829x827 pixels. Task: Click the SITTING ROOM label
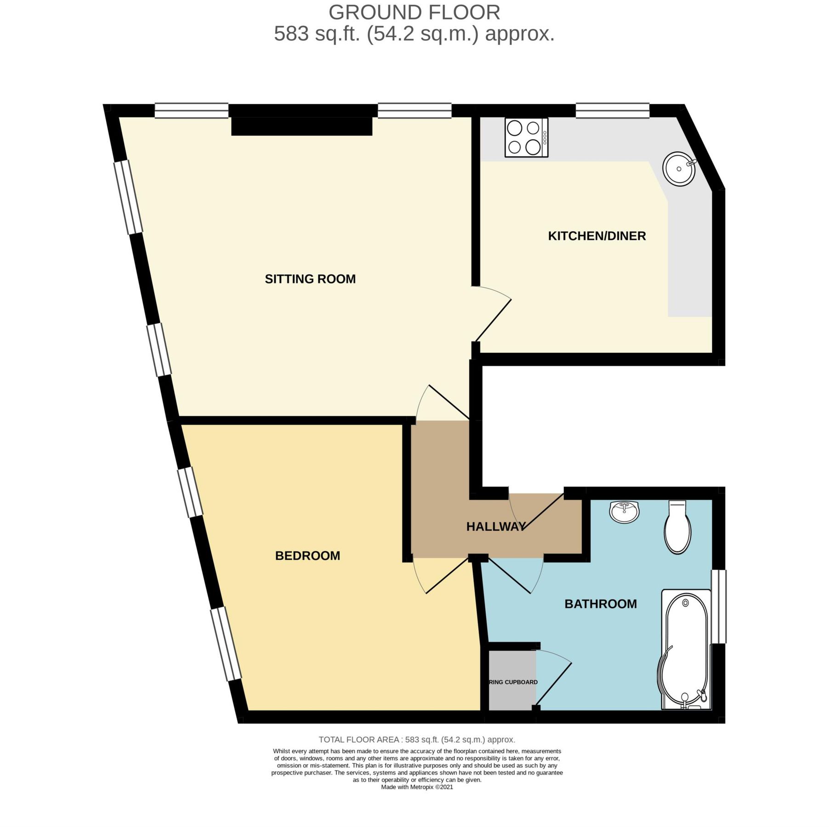(x=310, y=279)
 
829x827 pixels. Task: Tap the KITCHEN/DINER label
(x=596, y=236)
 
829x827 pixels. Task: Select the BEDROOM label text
(x=307, y=556)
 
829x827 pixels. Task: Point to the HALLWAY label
(x=496, y=527)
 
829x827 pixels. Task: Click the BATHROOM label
(x=600, y=604)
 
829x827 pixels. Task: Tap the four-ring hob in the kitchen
(x=526, y=138)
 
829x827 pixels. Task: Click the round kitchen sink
(x=679, y=169)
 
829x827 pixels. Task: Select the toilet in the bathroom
(x=677, y=528)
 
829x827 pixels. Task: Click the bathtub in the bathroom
(x=685, y=652)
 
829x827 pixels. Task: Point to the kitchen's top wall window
(x=612, y=111)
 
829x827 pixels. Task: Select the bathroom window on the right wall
(x=719, y=606)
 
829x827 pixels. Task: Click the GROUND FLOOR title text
(x=414, y=12)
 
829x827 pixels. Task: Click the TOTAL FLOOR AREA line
(x=417, y=740)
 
